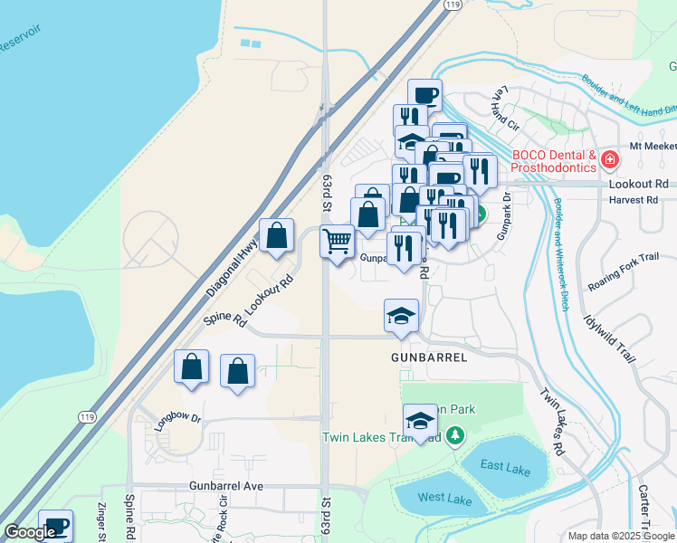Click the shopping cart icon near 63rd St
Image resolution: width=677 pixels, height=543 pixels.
pos(337,242)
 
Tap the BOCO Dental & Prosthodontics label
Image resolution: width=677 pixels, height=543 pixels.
pos(554,161)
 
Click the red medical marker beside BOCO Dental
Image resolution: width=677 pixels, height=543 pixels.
pos(610,161)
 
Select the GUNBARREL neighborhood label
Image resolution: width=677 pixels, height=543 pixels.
pos(429,357)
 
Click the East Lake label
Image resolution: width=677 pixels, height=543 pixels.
pos(505,467)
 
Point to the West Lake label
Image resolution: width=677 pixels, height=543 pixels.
pos(443,498)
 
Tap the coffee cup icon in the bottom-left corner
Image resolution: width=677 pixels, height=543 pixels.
pos(55,526)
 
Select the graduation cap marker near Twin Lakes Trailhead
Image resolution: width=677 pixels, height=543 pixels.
pos(420,421)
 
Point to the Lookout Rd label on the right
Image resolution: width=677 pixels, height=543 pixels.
pos(638,183)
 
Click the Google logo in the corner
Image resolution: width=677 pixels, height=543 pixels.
pos(31,532)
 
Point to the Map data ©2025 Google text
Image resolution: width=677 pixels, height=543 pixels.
pos(620,536)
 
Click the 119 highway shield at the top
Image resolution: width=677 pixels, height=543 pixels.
pos(452,5)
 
